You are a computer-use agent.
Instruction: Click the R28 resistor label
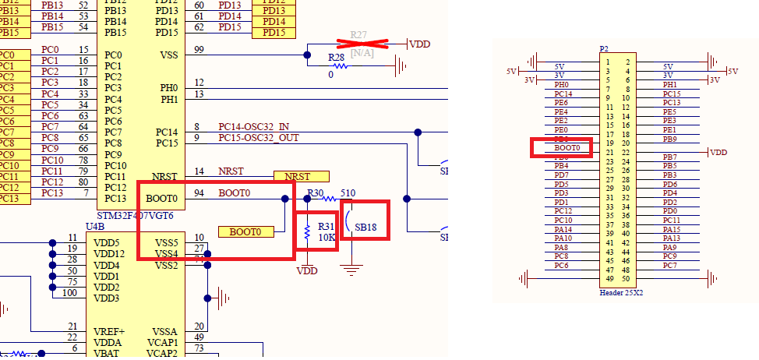pyautogui.click(x=336, y=59)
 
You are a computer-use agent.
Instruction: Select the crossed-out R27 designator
pyautogui.click(x=358, y=35)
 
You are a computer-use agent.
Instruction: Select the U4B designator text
pyautogui.click(x=94, y=226)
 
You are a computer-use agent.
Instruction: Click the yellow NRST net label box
pyautogui.click(x=301, y=177)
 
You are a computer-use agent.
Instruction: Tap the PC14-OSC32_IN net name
pyautogui.click(x=253, y=126)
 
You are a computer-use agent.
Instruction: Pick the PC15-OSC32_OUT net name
pyautogui.click(x=257, y=138)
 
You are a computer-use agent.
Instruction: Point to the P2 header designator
pyautogui.click(x=604, y=48)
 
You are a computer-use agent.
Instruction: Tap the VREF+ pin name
pyautogui.click(x=108, y=331)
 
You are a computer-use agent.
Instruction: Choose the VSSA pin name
pyautogui.click(x=165, y=331)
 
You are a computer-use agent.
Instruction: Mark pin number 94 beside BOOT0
pyautogui.click(x=199, y=192)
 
